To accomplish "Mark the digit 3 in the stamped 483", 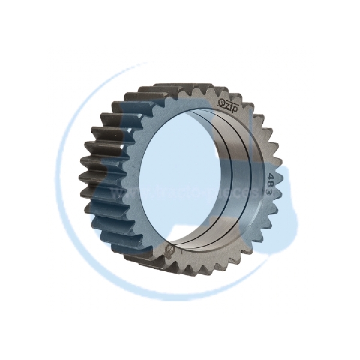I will click(x=270, y=188).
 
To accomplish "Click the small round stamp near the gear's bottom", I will click(x=170, y=248).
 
